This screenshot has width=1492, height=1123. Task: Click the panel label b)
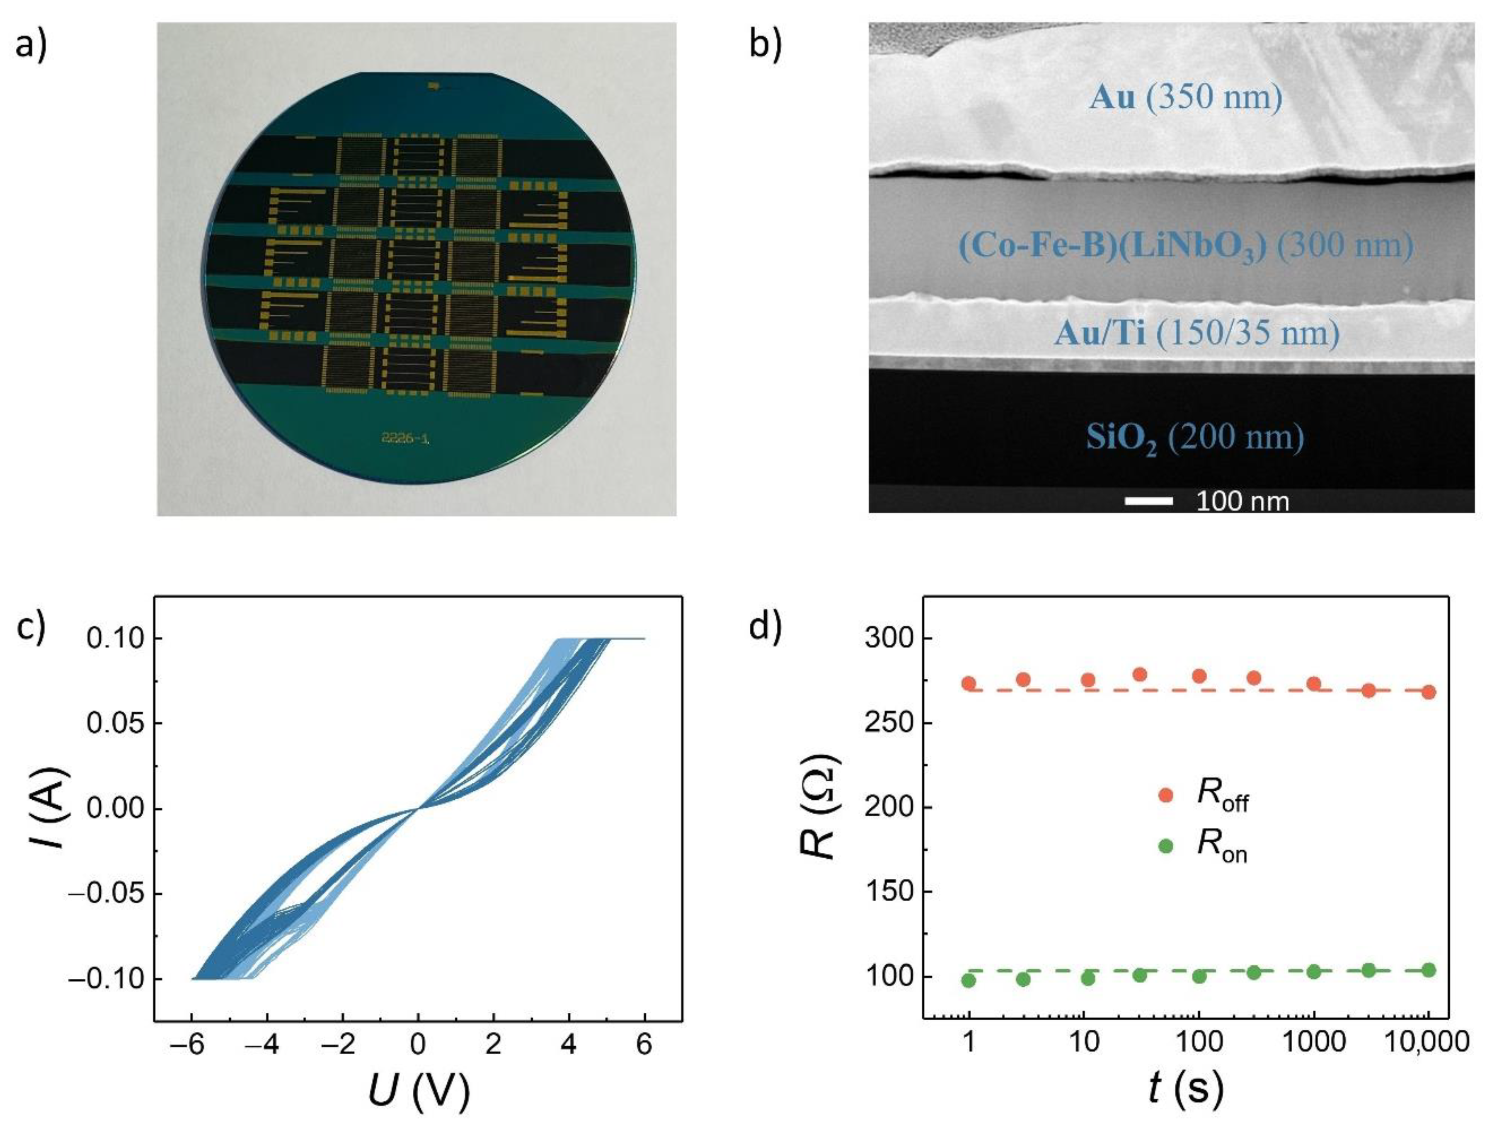click(765, 44)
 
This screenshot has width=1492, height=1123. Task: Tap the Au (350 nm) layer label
click(1185, 98)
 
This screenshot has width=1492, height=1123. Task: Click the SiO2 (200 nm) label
click(1194, 438)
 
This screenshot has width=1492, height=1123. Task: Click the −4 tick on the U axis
click(266, 1045)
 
